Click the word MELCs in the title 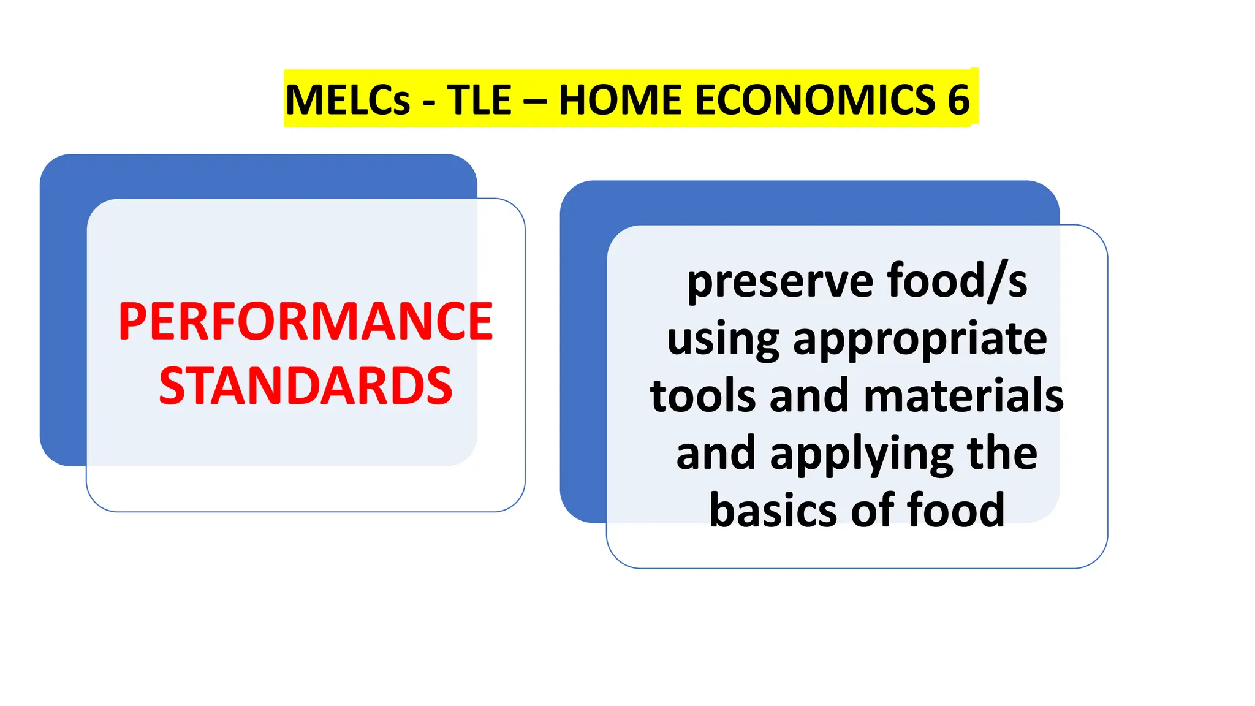click(347, 100)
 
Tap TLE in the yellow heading click(479, 100)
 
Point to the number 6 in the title click(958, 100)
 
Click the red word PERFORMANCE click(305, 322)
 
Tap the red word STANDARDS click(305, 386)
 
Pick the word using click(722, 340)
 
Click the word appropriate click(920, 340)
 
